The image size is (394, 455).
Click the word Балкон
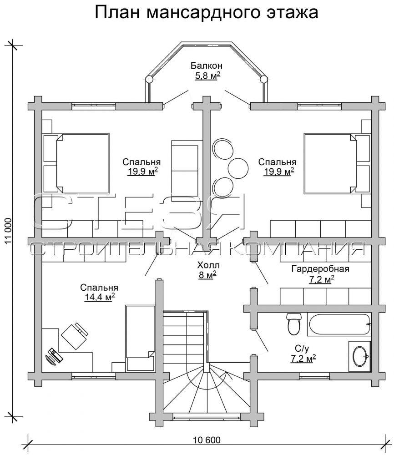click(206, 66)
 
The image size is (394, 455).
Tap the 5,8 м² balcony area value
click(207, 76)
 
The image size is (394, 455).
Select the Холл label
click(208, 265)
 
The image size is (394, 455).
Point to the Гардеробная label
click(320, 269)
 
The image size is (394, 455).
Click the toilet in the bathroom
click(294, 324)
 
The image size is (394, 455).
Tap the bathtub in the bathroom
click(339, 324)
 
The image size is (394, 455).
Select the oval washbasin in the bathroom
click(361, 356)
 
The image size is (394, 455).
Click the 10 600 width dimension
click(207, 440)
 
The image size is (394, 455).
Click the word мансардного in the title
click(205, 13)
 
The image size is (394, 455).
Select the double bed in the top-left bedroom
click(76, 163)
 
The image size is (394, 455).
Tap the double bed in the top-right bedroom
click(338, 163)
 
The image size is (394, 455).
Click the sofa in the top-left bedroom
click(187, 171)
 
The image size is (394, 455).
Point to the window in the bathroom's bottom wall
click(314, 377)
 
